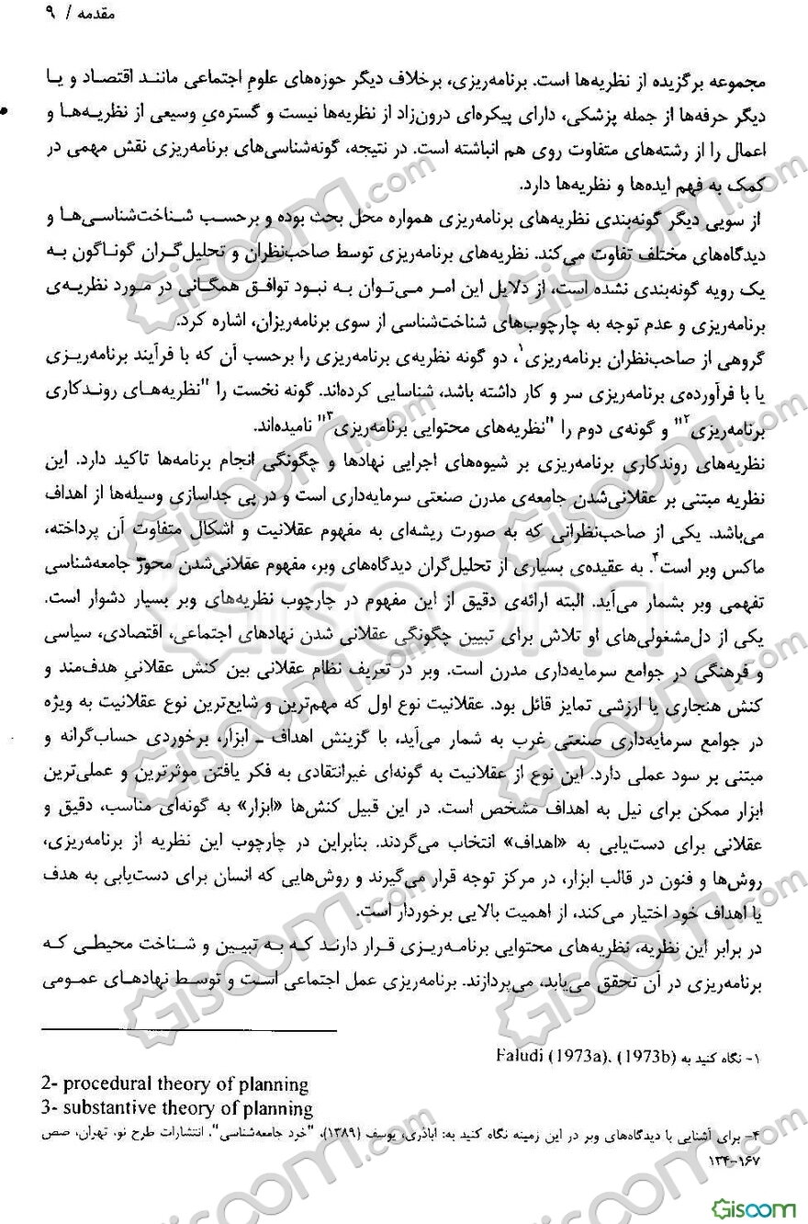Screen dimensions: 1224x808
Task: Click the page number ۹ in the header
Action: (x=22, y=17)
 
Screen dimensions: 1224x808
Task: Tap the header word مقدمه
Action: (x=65, y=17)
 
